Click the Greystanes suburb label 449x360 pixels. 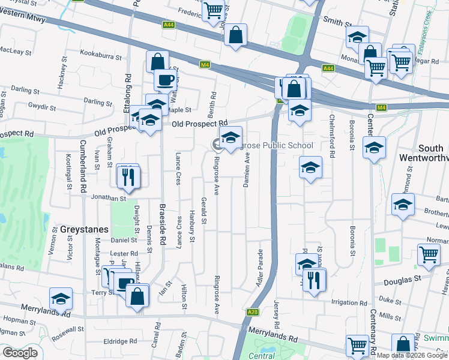84,229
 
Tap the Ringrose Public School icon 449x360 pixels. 231,139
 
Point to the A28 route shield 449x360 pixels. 253,312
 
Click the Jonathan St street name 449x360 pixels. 109,197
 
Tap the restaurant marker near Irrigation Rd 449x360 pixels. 315,280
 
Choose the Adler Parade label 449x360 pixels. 260,267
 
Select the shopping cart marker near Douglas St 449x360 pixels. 429,254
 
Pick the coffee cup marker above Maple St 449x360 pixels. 165,80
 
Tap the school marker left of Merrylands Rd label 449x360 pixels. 61,299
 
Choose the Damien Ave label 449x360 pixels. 246,170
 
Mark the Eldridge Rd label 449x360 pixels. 121,341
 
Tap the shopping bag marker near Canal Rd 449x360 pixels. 137,296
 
